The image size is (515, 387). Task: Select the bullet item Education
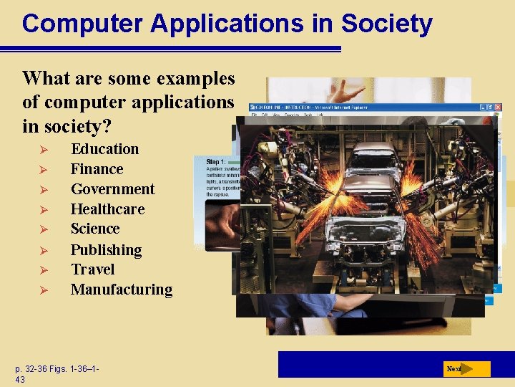click(104, 149)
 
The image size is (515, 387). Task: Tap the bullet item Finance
click(97, 169)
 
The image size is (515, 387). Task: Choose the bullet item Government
click(112, 189)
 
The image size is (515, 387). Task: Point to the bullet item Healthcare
click(107, 209)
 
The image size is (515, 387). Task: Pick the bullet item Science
click(95, 229)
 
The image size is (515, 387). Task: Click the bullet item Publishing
click(106, 250)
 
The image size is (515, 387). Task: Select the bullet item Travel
click(92, 269)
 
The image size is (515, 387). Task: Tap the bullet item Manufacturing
click(121, 290)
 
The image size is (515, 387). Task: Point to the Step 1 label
click(216, 162)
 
